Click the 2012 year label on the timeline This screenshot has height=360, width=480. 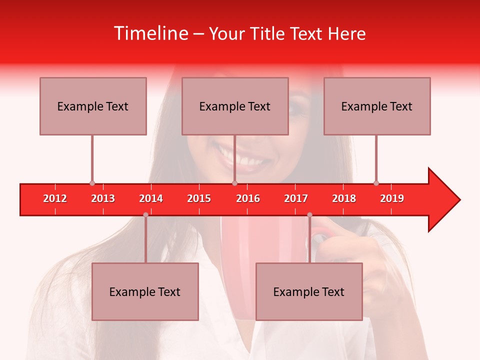coord(55,198)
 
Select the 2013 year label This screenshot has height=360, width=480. coord(103,198)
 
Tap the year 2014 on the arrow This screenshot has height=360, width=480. coord(151,198)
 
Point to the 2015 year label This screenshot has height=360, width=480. coord(199,198)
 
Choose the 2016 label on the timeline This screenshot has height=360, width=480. coord(248,198)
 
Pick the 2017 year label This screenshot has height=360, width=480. coord(296,198)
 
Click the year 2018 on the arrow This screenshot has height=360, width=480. coord(344,198)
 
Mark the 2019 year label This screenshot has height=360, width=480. coord(392,198)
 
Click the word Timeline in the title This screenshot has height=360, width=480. coord(150,33)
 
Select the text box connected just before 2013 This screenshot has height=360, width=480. coord(93,106)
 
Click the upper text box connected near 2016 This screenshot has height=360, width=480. coord(235,106)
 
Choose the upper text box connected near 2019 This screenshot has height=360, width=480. coord(377,106)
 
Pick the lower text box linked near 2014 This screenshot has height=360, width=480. coord(145,291)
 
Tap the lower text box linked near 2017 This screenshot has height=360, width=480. coord(309,291)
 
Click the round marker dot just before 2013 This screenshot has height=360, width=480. coord(92,183)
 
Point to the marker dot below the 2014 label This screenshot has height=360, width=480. coord(145,214)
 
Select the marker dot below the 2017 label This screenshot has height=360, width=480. coord(309,214)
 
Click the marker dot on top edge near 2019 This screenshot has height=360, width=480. coord(376,183)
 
